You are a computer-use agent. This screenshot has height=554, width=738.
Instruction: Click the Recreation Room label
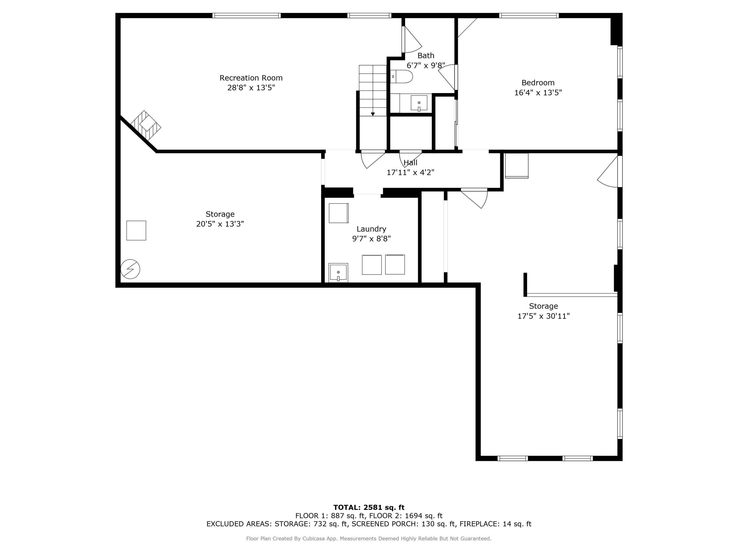(251, 78)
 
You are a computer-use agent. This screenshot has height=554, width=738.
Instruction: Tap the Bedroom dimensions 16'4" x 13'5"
(538, 93)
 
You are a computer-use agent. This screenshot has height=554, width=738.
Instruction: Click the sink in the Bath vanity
(419, 103)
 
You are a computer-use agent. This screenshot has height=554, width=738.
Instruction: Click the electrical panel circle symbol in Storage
(130, 269)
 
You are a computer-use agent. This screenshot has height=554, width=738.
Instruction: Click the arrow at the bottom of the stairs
(373, 114)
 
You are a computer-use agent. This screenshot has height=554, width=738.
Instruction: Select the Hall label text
(410, 163)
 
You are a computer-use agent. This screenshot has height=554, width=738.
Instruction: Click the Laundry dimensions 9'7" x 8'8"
(371, 239)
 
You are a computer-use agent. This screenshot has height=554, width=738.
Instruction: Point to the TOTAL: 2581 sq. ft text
(369, 507)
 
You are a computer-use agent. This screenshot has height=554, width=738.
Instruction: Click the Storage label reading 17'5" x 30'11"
(543, 316)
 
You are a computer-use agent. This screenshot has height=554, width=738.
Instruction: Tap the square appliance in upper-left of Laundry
(338, 213)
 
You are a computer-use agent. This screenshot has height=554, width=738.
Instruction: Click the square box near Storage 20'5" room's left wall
(136, 230)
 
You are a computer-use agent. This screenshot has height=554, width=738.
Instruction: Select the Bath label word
(426, 55)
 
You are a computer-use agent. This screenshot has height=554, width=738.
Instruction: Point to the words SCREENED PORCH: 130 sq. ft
(403, 524)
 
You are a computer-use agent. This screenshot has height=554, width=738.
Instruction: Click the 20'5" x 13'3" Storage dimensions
(220, 224)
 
